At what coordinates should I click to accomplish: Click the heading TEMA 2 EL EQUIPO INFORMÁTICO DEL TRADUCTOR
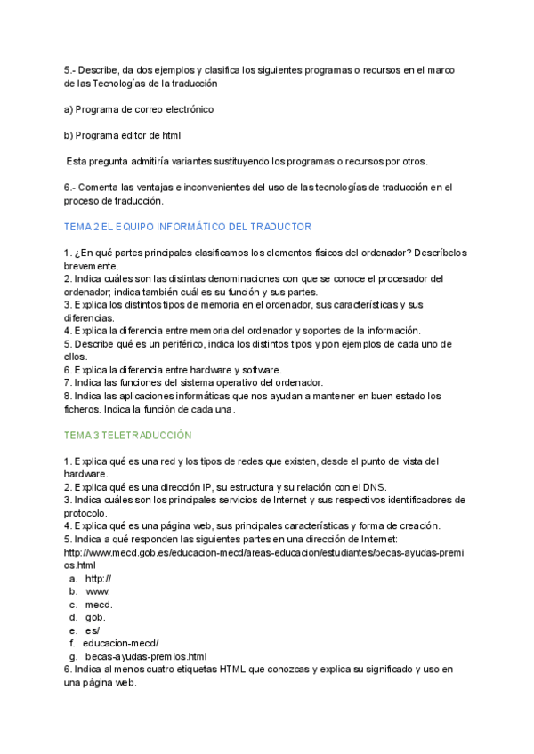coord(188,227)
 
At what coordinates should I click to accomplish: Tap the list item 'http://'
coord(98,578)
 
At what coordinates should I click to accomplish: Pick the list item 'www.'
coord(98,591)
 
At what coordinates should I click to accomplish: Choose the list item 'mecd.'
coord(99,605)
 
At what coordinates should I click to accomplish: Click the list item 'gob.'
coord(96,617)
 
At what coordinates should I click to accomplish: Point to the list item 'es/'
coord(93,630)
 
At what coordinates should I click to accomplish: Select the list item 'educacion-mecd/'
coord(121,643)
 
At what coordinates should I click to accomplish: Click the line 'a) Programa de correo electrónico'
coord(139,109)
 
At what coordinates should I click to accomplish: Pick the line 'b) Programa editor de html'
coord(123,135)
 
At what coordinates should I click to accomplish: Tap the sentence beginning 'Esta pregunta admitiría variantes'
coord(247,161)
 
